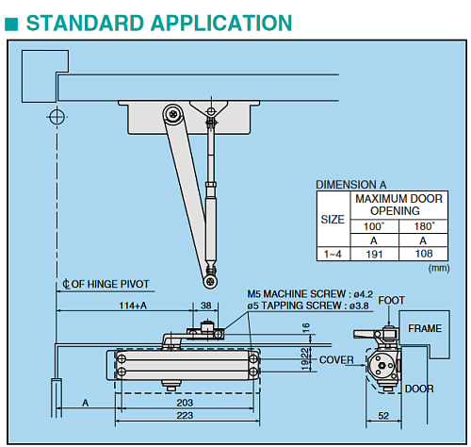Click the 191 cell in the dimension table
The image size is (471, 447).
374,254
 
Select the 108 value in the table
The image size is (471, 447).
424,254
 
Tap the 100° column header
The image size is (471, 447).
374,226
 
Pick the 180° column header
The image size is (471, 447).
424,226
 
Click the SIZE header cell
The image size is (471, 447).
333,219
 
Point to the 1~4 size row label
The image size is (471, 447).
333,254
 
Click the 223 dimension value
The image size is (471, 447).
185,415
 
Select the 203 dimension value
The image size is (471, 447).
185,403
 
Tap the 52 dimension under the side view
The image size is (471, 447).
383,416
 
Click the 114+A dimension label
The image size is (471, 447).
133,306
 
